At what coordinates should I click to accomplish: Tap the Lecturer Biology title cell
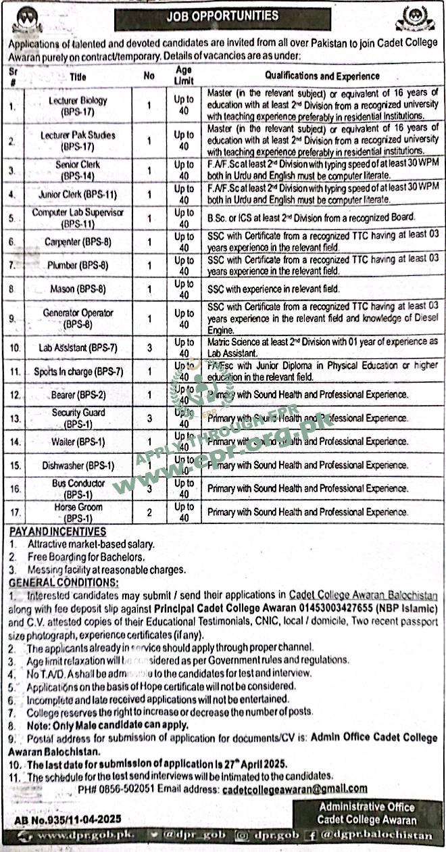78,105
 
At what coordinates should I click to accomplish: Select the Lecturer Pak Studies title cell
78,140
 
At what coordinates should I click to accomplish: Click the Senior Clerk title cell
78,169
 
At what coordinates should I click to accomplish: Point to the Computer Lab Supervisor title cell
78,217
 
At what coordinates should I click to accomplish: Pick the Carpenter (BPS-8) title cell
78,241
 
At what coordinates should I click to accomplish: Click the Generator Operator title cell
78,318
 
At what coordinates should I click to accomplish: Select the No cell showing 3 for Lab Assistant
149,348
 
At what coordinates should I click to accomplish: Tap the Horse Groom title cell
78,512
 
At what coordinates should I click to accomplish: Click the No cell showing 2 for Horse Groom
149,512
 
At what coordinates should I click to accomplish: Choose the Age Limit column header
183,75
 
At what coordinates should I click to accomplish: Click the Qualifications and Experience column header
322,76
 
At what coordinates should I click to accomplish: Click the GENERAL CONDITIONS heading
64,582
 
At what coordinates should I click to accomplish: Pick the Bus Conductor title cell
78,488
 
